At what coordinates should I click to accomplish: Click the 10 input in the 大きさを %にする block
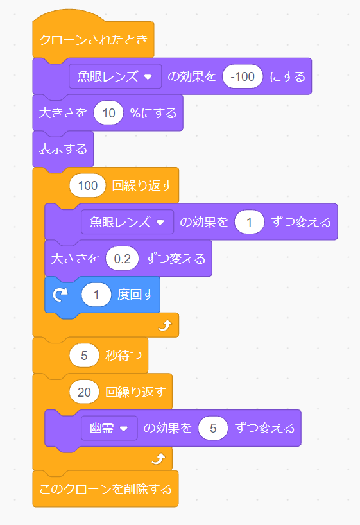tap(108, 113)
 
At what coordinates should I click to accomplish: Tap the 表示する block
tap(63, 149)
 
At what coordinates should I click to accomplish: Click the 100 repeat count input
tap(87, 186)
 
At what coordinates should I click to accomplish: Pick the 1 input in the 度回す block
tap(97, 295)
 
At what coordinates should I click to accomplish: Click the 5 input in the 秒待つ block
tap(84, 355)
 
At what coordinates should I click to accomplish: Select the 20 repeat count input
tap(84, 392)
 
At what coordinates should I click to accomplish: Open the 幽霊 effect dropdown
tap(109, 428)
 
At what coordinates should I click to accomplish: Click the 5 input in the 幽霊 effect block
tap(213, 428)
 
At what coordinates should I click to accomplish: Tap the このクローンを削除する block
tap(106, 489)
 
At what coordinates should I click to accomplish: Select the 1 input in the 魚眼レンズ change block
tap(250, 222)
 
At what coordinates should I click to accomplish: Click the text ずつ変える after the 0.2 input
tap(176, 259)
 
